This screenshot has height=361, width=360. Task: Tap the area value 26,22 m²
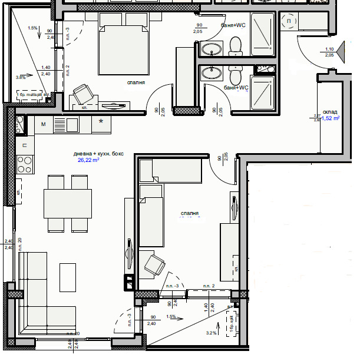tap(88, 160)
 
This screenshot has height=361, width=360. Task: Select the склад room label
tap(330, 111)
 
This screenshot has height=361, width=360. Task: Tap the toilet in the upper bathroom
tap(236, 45)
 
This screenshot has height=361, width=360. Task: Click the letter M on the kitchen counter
tap(44, 124)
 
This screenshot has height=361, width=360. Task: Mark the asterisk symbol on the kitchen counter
tap(101, 122)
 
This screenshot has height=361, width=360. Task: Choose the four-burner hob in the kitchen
tap(25, 160)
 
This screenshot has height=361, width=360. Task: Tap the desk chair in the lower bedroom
tap(154, 263)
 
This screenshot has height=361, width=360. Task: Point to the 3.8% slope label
tap(21, 77)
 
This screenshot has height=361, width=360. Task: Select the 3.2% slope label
tap(211, 333)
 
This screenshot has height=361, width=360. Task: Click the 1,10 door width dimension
tap(329, 49)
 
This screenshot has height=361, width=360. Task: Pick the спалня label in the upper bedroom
tap(136, 83)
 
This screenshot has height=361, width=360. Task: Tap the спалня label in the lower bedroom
tap(191, 213)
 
